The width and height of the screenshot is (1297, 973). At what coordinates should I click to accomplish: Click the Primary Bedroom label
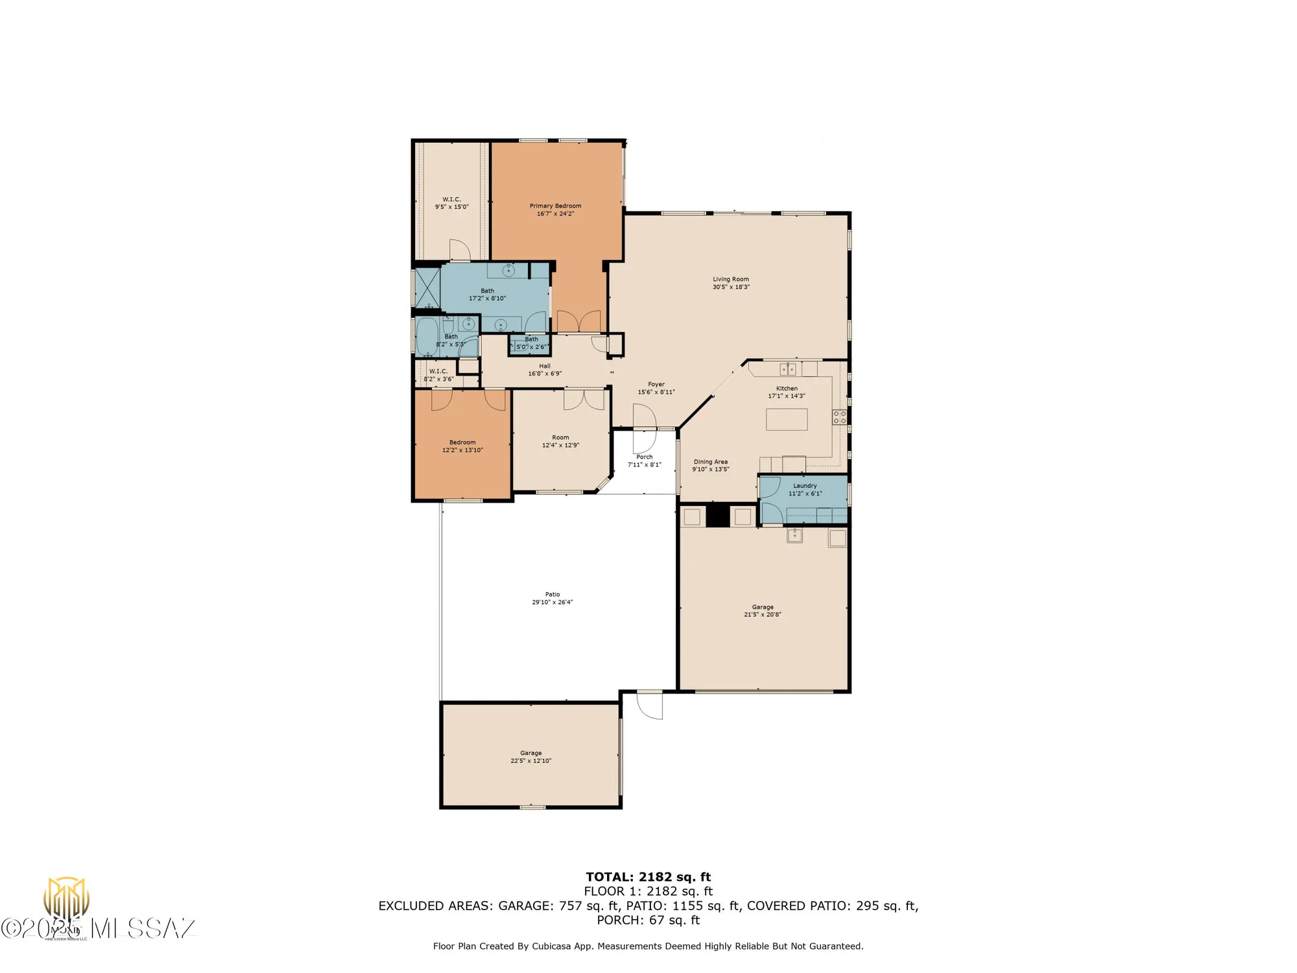(555, 206)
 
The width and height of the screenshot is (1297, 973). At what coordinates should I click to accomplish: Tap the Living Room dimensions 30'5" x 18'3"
(731, 287)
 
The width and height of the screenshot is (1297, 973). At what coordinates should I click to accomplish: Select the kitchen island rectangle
(787, 420)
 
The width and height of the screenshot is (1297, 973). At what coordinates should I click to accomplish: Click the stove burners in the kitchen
(839, 417)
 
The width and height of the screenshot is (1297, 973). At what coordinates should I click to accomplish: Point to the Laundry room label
(805, 485)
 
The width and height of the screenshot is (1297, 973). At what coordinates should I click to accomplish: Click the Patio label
(552, 594)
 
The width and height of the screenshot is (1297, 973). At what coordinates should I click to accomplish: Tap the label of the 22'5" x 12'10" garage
(530, 753)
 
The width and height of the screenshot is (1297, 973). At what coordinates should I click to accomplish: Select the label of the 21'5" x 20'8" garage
(763, 607)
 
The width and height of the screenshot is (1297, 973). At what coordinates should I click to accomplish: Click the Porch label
(644, 457)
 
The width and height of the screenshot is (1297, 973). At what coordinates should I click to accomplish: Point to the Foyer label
(656, 384)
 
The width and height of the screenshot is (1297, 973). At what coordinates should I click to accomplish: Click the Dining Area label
(711, 462)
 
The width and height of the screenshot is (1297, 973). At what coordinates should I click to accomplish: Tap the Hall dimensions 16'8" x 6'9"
(545, 374)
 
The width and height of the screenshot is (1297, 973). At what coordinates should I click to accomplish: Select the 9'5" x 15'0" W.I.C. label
(451, 199)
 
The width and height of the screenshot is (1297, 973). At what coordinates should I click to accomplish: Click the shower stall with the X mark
(427, 287)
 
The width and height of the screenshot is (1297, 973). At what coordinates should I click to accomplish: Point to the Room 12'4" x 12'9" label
(560, 437)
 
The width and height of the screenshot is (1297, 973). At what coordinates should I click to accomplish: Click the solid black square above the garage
(718, 516)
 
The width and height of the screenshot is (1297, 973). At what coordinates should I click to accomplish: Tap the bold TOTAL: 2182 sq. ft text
(648, 877)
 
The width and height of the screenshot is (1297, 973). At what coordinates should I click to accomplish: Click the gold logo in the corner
(66, 898)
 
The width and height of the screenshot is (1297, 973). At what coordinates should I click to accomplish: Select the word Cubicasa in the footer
(552, 946)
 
